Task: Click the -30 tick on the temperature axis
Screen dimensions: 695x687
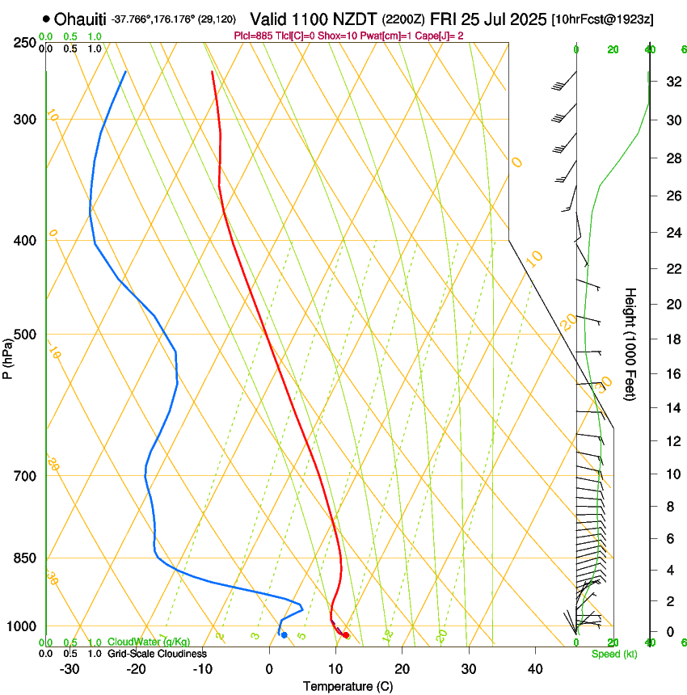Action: [x=70, y=668]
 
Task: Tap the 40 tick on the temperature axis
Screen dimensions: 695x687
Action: [x=535, y=668]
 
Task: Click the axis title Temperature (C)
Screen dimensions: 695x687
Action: [x=348, y=686]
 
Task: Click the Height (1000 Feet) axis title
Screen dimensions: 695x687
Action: [x=631, y=343]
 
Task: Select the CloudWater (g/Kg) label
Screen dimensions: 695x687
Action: [x=149, y=642]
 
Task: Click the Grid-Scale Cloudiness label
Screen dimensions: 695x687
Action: [x=157, y=654]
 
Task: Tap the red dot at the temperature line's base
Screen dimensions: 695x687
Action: [x=346, y=635]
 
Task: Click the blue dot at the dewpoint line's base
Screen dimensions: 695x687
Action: [x=284, y=635]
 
